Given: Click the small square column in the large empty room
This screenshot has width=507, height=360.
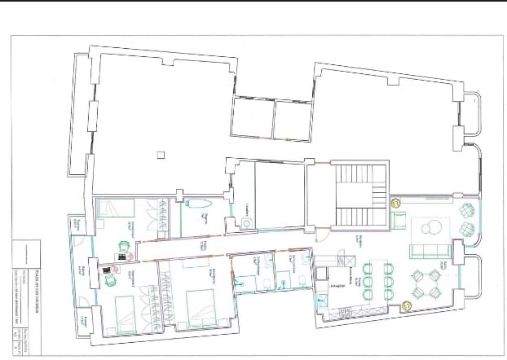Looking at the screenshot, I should [x=162, y=154].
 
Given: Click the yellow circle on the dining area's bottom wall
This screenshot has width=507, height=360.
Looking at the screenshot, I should [x=407, y=305].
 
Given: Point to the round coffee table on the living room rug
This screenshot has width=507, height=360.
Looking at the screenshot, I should [x=432, y=227].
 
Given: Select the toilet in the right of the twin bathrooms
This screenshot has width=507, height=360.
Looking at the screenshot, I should [x=302, y=280].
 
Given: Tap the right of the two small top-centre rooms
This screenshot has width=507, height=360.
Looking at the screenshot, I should [x=293, y=119].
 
